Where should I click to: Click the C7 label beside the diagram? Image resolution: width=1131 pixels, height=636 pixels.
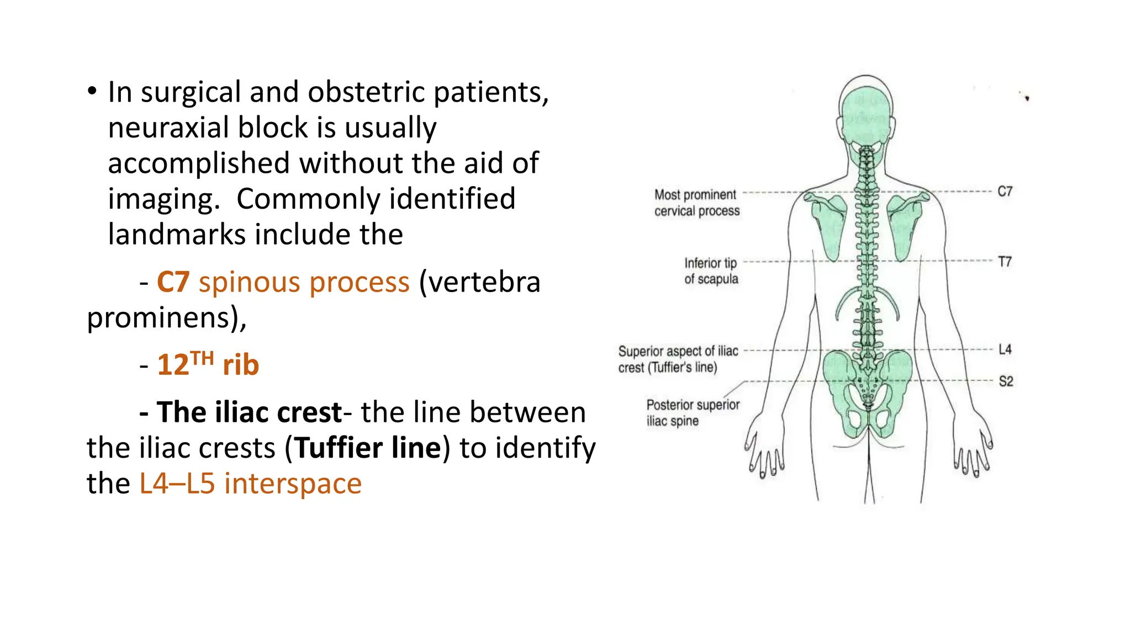pos(1005,192)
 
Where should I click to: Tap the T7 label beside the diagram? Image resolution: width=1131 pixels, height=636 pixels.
pos(1005,262)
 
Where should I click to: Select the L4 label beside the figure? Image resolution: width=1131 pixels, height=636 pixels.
pos(1005,349)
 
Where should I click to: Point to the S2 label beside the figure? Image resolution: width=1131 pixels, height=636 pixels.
pos(1006,381)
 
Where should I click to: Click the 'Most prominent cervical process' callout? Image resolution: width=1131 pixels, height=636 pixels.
pos(696,203)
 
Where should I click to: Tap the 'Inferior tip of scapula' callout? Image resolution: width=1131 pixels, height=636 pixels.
pos(711,271)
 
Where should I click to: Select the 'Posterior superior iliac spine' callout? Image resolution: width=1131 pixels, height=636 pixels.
pos(693,412)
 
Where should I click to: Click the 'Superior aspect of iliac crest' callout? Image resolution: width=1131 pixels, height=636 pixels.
pos(678,359)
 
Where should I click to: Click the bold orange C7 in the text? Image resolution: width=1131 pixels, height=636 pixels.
pos(173,283)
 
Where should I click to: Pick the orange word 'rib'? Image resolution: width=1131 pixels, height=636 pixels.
pos(241,365)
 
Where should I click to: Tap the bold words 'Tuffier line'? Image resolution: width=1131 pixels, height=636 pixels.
pos(368,448)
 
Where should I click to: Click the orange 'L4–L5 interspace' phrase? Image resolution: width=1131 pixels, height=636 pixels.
pos(250,484)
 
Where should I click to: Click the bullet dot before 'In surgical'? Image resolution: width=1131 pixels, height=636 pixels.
pos(92,91)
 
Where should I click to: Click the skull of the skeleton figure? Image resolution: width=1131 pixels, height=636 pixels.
pos(865,110)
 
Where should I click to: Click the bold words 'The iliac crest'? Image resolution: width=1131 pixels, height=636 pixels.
pos(249,412)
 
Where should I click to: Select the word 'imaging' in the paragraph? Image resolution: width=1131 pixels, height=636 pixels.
pos(161,199)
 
